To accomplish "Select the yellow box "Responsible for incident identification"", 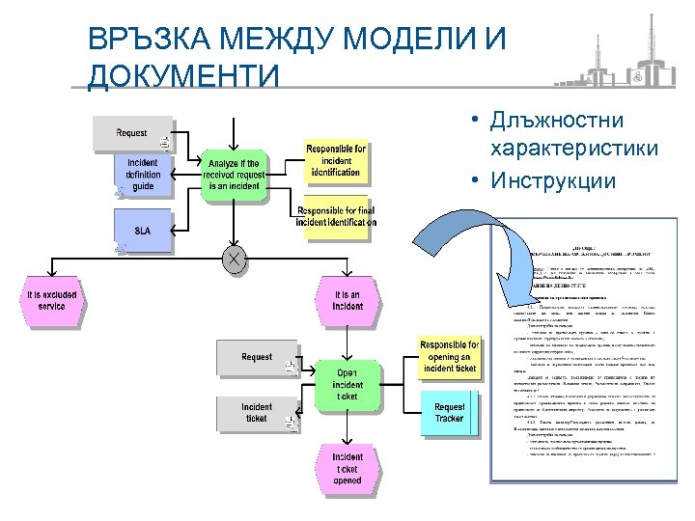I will click(x=335, y=160).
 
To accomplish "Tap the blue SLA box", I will click(x=144, y=231).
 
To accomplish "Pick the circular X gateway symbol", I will click(x=233, y=258).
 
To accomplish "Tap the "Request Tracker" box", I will click(x=449, y=412).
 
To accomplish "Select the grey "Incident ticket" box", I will click(x=256, y=413).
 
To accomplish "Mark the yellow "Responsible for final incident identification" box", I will click(x=335, y=216).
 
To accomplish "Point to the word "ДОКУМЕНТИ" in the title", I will click(x=182, y=75).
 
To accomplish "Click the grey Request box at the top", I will click(x=132, y=133).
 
